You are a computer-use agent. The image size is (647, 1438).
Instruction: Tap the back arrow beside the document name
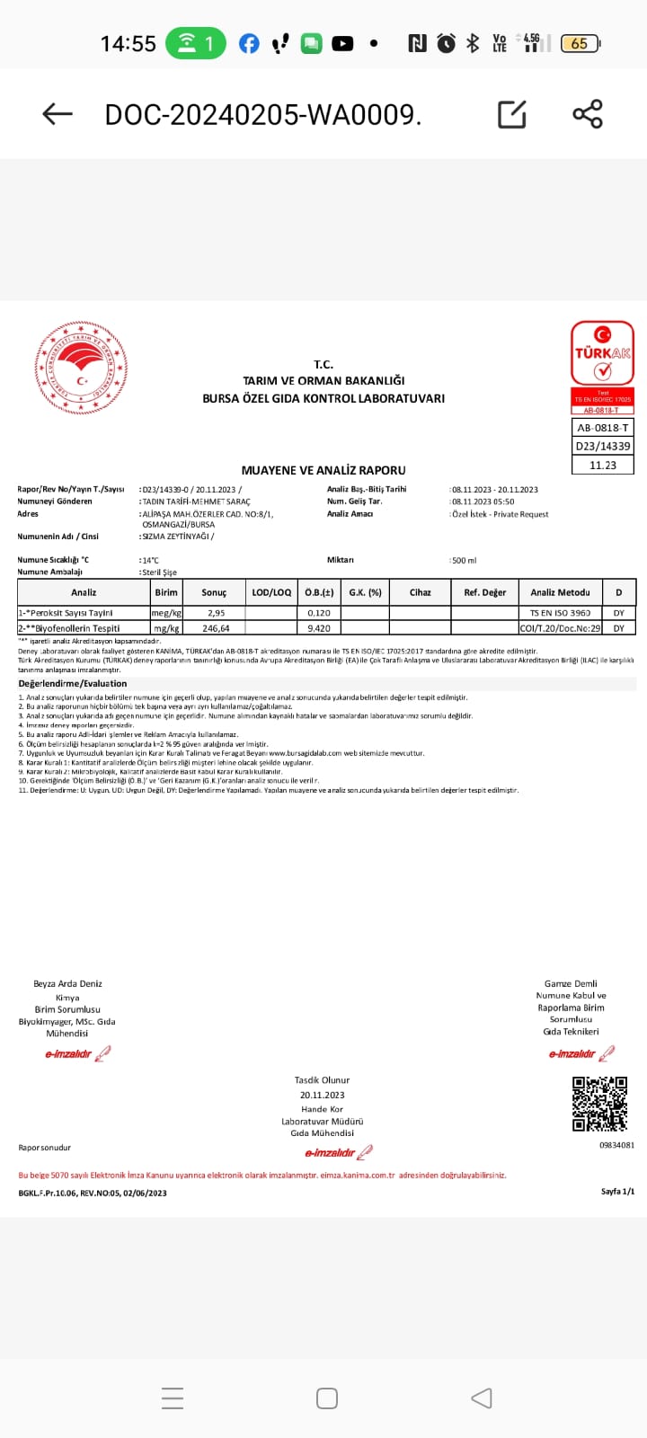coord(58,114)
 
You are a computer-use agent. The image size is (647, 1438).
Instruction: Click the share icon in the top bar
coord(588,114)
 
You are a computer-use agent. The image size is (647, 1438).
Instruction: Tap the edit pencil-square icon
coord(512,114)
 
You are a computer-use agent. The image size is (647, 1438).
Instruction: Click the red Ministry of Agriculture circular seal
coord(81,368)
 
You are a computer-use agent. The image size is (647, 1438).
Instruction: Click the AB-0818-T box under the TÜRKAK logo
coord(602,428)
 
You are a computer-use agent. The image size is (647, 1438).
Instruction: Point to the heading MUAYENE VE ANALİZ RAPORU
coord(323,470)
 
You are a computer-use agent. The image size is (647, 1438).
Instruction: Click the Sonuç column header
coord(214,592)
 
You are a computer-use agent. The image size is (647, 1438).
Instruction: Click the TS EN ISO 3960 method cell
coord(560,613)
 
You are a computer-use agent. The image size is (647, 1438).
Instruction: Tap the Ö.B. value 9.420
coord(319,628)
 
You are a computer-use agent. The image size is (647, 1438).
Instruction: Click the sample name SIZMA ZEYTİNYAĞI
coord(176,537)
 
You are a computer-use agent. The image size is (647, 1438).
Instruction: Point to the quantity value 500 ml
coord(465,560)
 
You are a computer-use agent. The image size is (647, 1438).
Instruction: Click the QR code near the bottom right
coord(599,1103)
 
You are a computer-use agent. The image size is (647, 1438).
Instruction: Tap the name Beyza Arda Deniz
coord(67,983)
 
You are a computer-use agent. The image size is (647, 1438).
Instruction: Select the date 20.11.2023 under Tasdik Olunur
coord(323,1095)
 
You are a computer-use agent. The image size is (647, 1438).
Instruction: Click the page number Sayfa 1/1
coord(617,1192)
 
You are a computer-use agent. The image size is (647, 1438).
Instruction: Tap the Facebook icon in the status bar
coord(249,43)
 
